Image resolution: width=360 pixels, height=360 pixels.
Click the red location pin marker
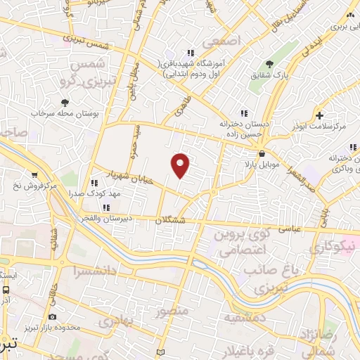tap(181, 164)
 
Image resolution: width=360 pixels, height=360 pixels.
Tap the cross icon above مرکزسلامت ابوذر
tap(320, 115)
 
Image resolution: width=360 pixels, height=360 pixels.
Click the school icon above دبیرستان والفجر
tap(106, 207)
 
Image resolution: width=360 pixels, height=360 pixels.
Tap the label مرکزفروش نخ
tap(32, 186)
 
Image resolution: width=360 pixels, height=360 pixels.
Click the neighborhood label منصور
tap(172, 310)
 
